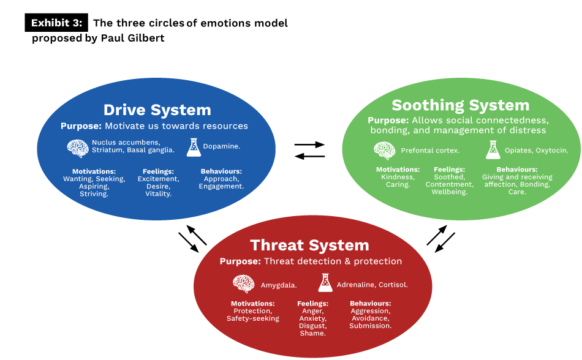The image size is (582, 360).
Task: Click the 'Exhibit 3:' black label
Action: click(x=57, y=23)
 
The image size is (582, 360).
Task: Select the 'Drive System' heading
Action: click(x=157, y=110)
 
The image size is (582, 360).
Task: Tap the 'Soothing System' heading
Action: click(x=460, y=105)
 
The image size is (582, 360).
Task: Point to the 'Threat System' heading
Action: click(x=309, y=246)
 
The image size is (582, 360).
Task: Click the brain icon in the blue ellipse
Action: click(x=77, y=148)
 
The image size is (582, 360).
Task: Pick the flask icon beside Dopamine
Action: click(x=194, y=147)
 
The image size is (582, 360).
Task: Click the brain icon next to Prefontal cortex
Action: click(x=384, y=150)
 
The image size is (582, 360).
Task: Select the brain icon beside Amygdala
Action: click(x=243, y=283)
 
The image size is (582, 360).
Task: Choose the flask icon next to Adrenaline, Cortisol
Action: click(x=325, y=283)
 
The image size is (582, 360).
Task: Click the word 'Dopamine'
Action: click(x=222, y=147)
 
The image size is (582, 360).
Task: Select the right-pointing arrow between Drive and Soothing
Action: click(x=309, y=144)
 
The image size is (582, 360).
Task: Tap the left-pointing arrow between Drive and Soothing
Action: click(x=309, y=156)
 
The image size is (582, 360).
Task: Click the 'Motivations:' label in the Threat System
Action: click(x=252, y=304)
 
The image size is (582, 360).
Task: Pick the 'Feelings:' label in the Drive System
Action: click(x=158, y=171)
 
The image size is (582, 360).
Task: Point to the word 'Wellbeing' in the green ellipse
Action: click(x=448, y=192)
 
